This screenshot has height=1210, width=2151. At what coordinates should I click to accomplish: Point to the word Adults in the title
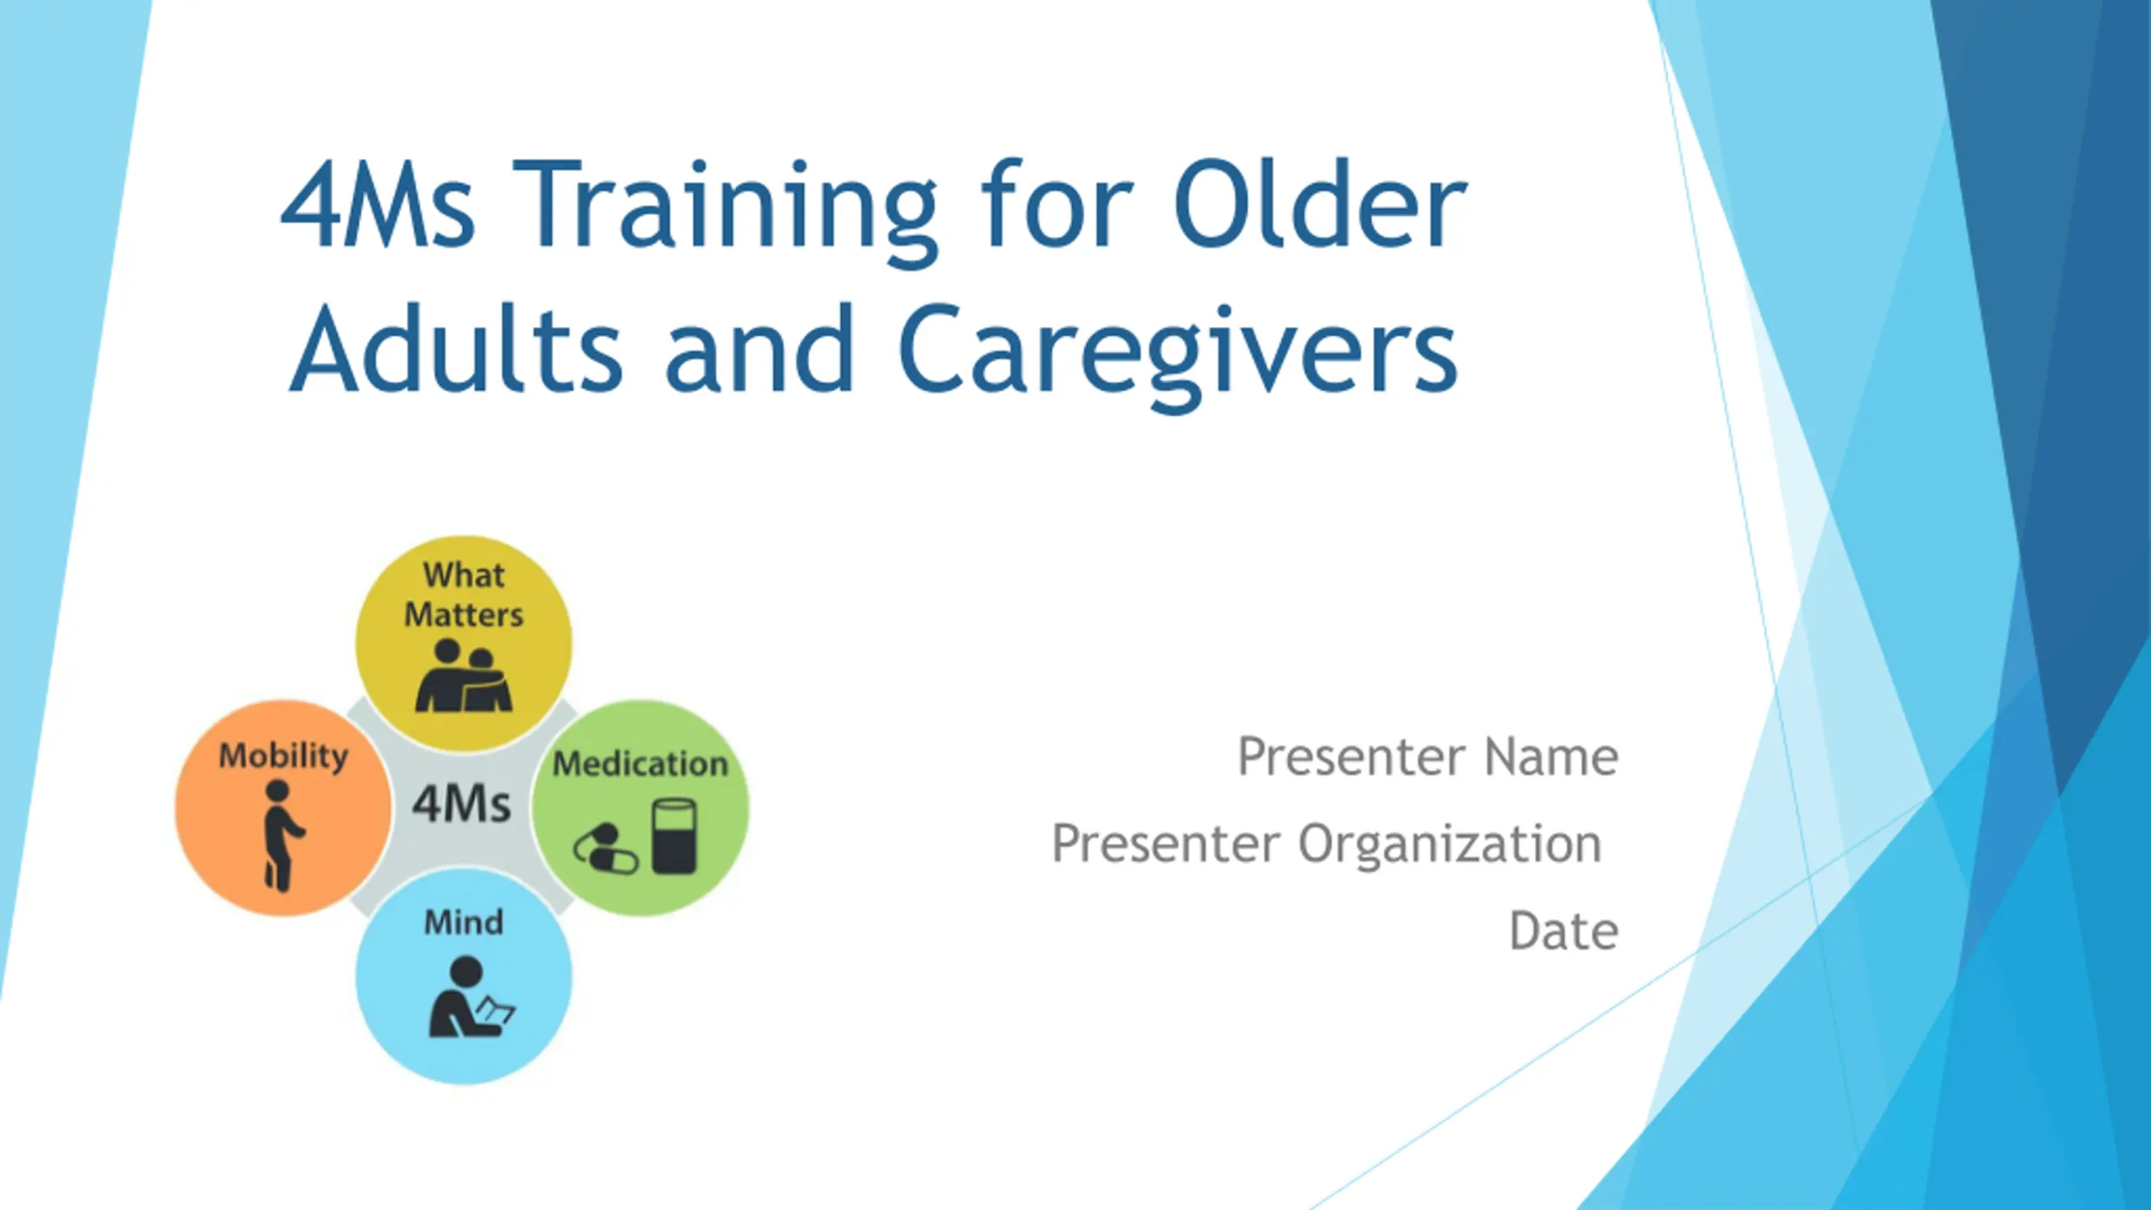coord(456,348)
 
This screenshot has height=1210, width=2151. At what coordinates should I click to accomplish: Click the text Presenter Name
coord(1428,756)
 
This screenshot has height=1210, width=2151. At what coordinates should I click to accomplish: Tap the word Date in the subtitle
coord(1564,931)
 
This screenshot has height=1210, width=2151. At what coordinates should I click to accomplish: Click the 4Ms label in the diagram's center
coord(461,803)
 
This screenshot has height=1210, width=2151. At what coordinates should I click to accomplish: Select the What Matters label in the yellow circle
coord(464,595)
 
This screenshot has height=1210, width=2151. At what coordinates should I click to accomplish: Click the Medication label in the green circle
coord(640,764)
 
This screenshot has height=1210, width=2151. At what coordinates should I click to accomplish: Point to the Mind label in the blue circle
coord(464,923)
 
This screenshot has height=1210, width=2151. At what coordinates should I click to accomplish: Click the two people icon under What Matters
coord(464,676)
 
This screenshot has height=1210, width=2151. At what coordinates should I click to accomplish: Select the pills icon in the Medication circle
coord(605,849)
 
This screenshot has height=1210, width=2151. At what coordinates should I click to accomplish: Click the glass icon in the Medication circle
coord(674,836)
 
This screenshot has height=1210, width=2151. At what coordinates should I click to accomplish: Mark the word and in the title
coord(760,348)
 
